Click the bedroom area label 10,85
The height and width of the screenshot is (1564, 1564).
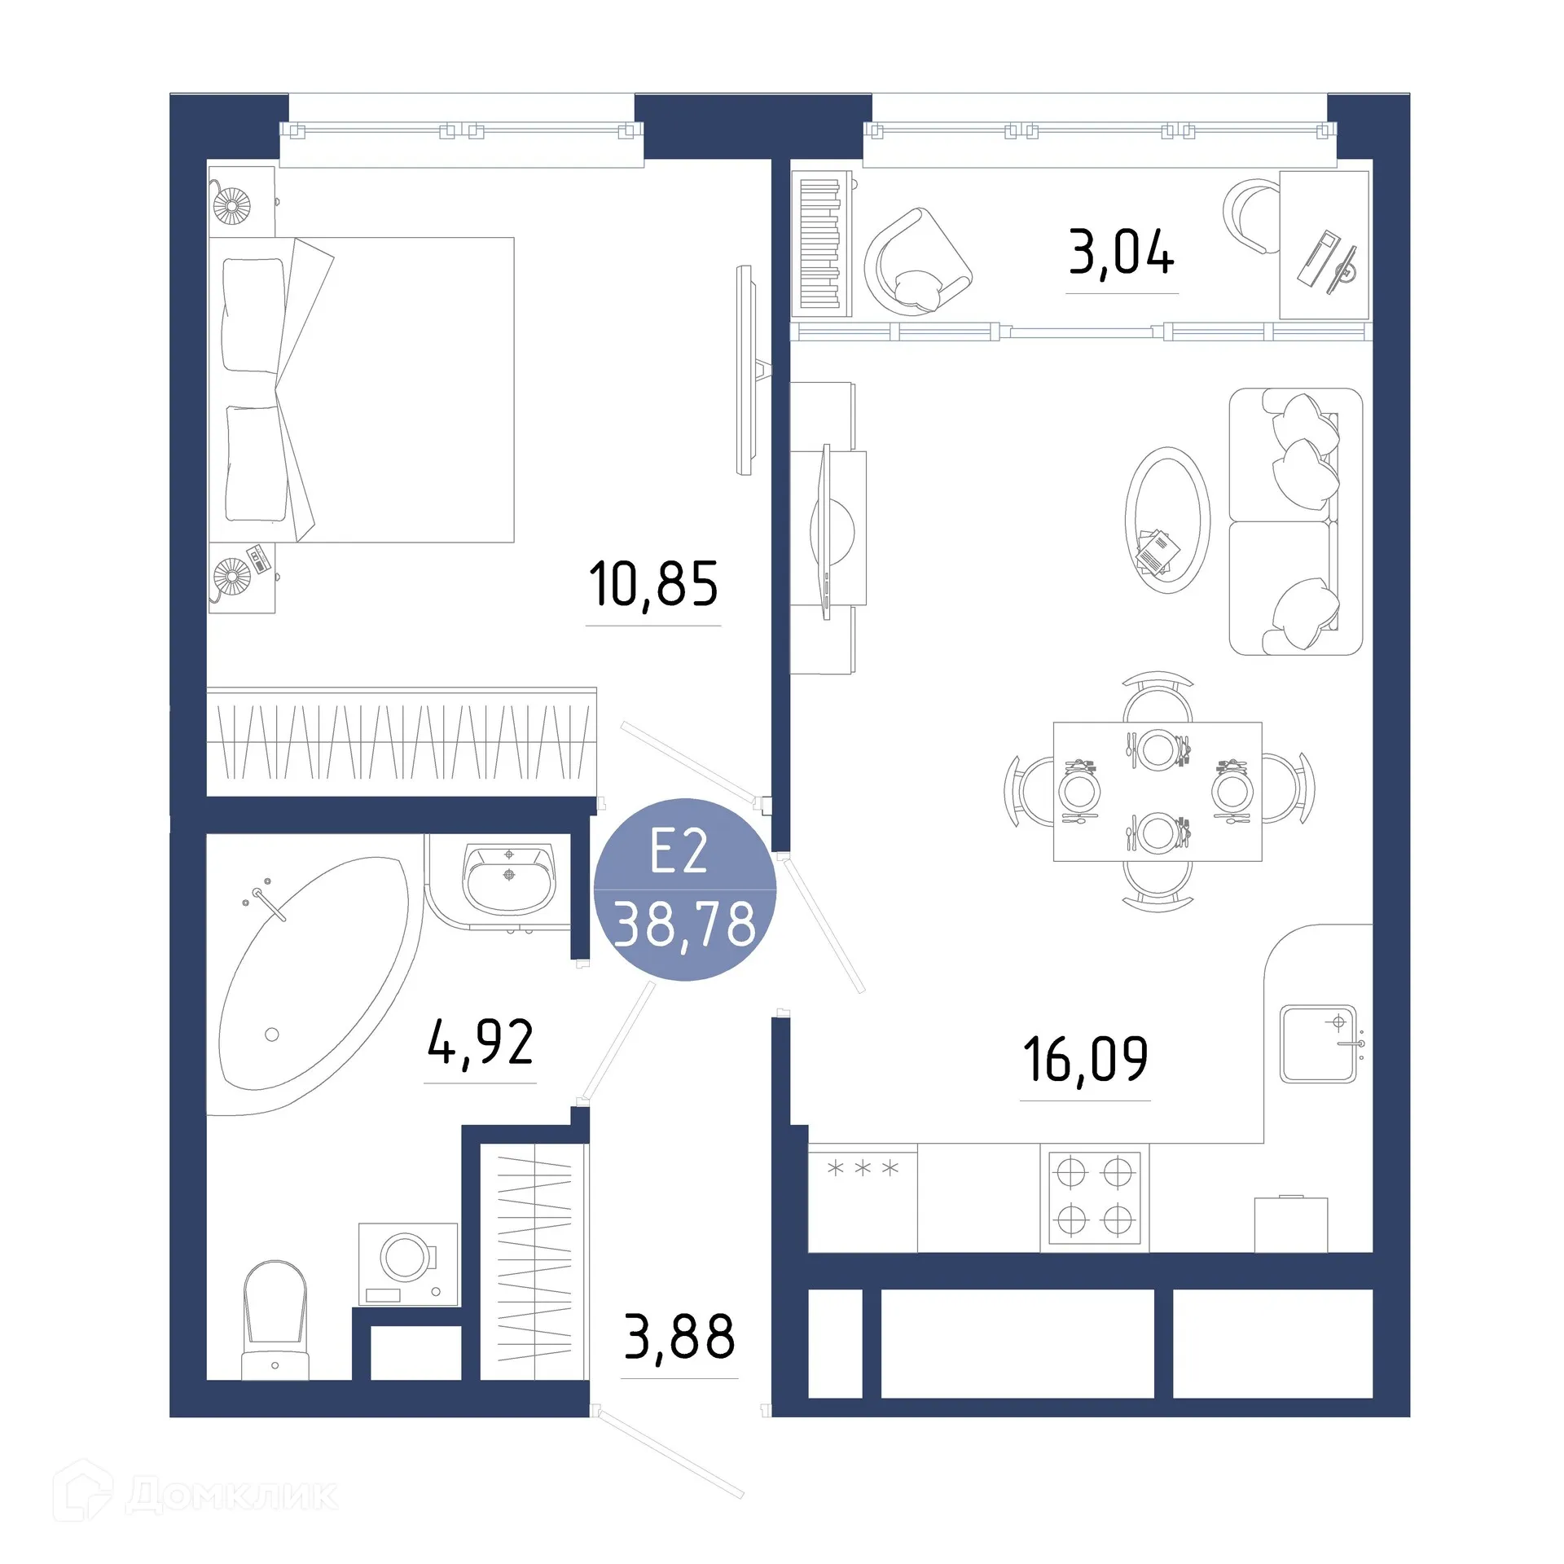pyautogui.click(x=653, y=584)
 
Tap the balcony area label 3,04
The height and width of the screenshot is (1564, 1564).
pyautogui.click(x=1121, y=252)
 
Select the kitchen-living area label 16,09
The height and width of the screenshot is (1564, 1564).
pyautogui.click(x=1085, y=1059)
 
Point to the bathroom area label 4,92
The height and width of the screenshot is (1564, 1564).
pyautogui.click(x=481, y=1043)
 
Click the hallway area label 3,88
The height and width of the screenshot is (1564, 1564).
pyautogui.click(x=679, y=1338)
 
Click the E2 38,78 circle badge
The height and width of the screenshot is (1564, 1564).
pyautogui.click(x=684, y=890)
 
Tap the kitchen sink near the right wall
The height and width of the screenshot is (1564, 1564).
pyautogui.click(x=1318, y=1043)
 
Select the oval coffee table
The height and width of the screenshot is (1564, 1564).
pyautogui.click(x=1167, y=520)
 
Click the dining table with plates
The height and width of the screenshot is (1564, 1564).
pyautogui.click(x=1157, y=791)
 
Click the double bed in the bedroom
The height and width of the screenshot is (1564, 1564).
pyautogui.click(x=362, y=389)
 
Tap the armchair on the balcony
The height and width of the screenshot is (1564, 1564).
pyautogui.click(x=916, y=262)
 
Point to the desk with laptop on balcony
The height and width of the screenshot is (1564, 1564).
pyautogui.click(x=1324, y=244)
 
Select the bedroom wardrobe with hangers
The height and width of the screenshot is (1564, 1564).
pyautogui.click(x=402, y=741)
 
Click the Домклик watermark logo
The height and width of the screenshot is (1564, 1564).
pyautogui.click(x=195, y=1496)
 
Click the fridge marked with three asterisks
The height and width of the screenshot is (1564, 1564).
pyautogui.click(x=863, y=1197)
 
